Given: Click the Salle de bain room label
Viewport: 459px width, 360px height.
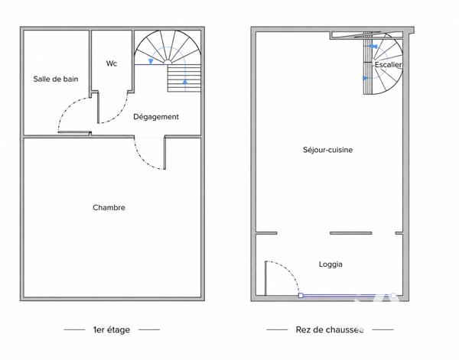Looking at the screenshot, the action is [56, 79].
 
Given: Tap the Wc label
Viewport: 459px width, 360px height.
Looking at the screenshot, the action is [112, 63].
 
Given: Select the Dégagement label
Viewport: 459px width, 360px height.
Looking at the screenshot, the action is [156, 117].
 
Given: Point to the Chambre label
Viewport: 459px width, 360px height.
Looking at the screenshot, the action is [109, 208].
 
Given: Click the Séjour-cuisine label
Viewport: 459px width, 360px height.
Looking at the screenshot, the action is [327, 150].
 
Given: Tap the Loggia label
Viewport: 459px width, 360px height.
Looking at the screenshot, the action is [330, 264].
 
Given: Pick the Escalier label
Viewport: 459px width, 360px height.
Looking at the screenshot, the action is [388, 65].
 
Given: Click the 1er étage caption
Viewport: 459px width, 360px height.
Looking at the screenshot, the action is [112, 330].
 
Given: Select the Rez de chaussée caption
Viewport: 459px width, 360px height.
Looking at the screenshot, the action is [330, 330].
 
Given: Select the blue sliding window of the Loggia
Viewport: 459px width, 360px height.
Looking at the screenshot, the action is [347, 296].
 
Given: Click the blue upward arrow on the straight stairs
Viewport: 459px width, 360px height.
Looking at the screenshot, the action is [185, 82].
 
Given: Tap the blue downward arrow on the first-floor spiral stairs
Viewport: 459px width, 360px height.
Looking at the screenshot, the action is [151, 61].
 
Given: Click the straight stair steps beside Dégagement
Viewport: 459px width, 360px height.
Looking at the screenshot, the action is [184, 78].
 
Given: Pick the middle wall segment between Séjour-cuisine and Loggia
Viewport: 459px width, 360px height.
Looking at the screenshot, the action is [350, 233].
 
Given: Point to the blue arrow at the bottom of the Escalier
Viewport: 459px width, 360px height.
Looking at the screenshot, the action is [365, 78].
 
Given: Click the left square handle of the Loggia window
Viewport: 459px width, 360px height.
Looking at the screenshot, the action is [301, 296].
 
